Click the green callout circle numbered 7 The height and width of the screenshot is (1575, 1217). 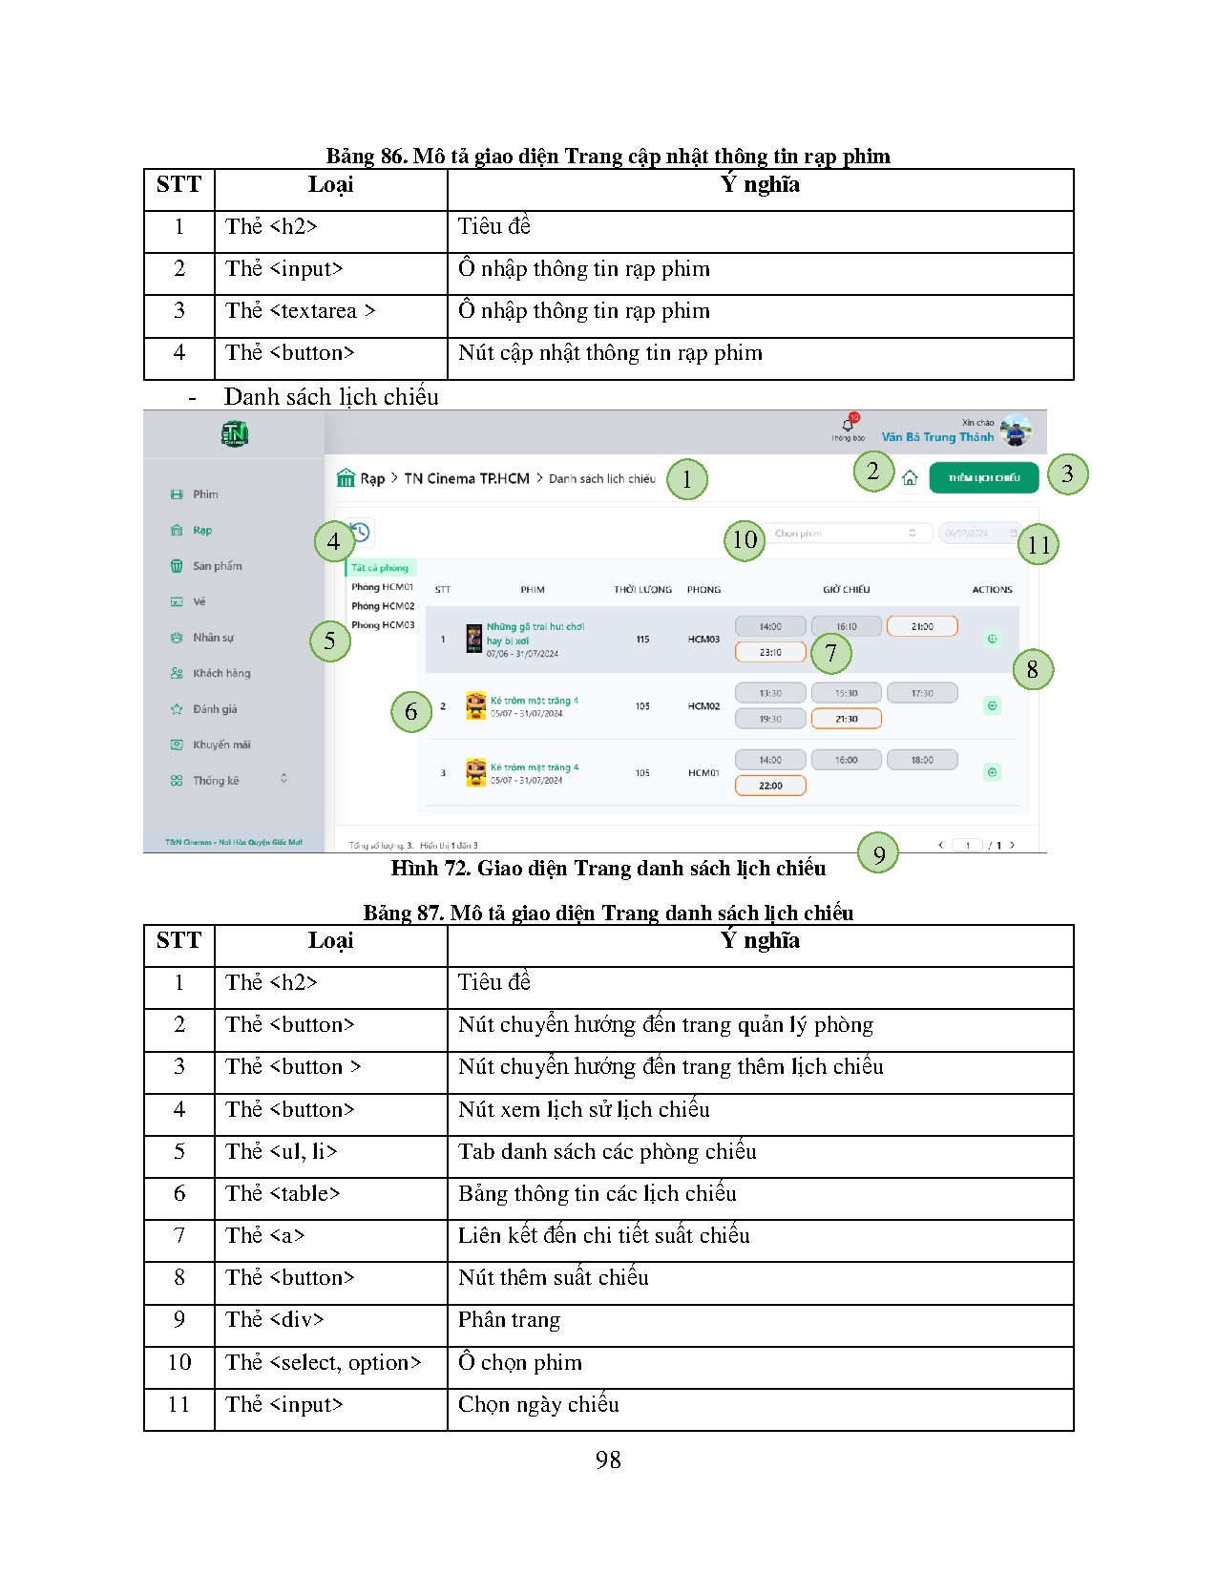[x=830, y=653]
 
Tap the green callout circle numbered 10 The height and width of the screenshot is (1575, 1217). [x=745, y=540]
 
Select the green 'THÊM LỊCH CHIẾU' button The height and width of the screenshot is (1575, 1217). [x=983, y=477]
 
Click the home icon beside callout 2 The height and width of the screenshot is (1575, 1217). [x=910, y=478]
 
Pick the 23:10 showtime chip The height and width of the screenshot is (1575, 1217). [x=770, y=652]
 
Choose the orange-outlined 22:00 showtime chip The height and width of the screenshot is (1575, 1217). [x=770, y=786]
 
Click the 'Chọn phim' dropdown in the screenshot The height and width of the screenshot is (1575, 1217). [x=845, y=534]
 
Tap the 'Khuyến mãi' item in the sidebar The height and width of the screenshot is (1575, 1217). [x=220, y=745]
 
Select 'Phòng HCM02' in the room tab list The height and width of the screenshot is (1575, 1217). [x=383, y=606]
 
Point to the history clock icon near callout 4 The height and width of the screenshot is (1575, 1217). [x=360, y=532]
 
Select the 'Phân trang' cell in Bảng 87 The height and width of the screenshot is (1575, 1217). [x=509, y=1320]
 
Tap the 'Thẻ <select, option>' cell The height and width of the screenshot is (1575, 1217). [x=323, y=1363]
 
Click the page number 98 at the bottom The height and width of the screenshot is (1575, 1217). [x=608, y=1459]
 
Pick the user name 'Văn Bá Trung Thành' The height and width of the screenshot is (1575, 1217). [x=937, y=437]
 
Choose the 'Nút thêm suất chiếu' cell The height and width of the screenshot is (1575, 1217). [x=553, y=1278]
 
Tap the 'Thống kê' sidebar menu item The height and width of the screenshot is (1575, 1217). [x=216, y=781]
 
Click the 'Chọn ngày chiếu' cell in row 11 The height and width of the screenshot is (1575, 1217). [x=538, y=1405]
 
